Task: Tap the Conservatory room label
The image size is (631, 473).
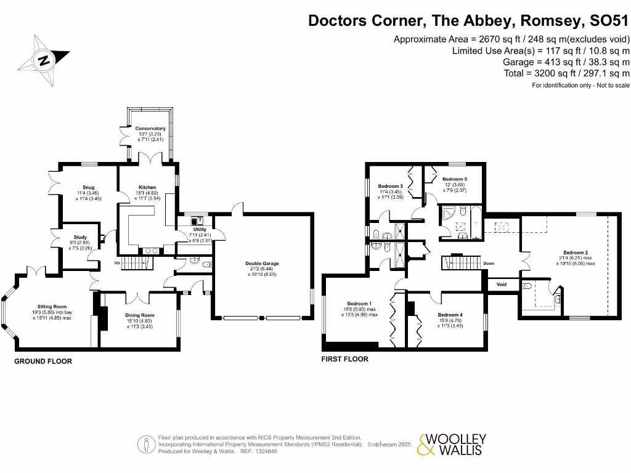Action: coord(150,129)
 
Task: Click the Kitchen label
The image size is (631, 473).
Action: coord(147,187)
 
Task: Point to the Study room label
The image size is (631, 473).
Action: coord(80,237)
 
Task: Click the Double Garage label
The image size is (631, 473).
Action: coord(262,264)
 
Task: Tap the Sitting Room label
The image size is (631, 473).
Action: coord(52,307)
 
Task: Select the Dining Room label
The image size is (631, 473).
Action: coord(139,315)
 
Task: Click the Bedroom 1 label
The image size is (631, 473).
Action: coord(359,304)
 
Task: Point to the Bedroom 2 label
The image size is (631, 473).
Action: coord(576,253)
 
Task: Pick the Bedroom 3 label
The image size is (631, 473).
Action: coord(390,187)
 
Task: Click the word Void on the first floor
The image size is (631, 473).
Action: coord(501,285)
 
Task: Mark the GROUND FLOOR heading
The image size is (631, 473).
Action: coord(43,362)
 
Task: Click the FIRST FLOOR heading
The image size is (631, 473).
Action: coord(345,359)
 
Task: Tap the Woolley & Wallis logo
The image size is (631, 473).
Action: coord(452,445)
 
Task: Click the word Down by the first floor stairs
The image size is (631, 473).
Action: coord(488,263)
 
